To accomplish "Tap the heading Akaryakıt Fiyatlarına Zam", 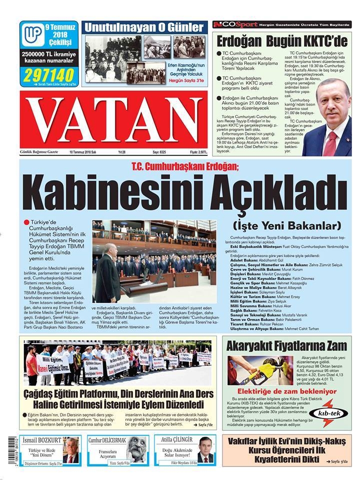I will [x=286, y=345].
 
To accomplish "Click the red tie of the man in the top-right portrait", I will [x=330, y=142].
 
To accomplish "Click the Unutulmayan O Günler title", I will [x=144, y=27].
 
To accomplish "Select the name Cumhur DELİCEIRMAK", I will [x=107, y=440].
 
